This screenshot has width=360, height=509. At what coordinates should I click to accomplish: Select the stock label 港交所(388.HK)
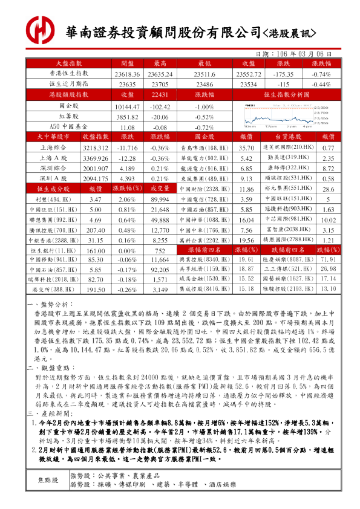coord(50,290)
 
